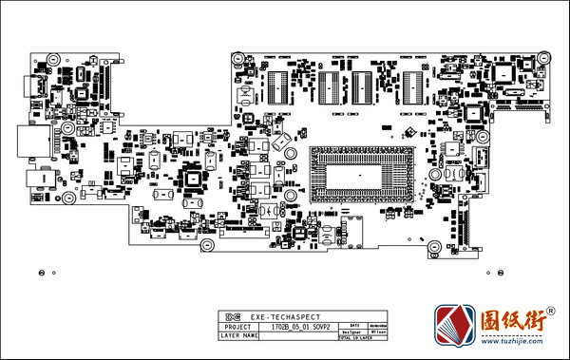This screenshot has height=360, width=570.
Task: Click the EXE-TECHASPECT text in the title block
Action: pyautogui.click(x=284, y=315)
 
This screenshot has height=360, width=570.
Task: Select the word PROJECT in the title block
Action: pyautogui.click(x=235, y=326)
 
